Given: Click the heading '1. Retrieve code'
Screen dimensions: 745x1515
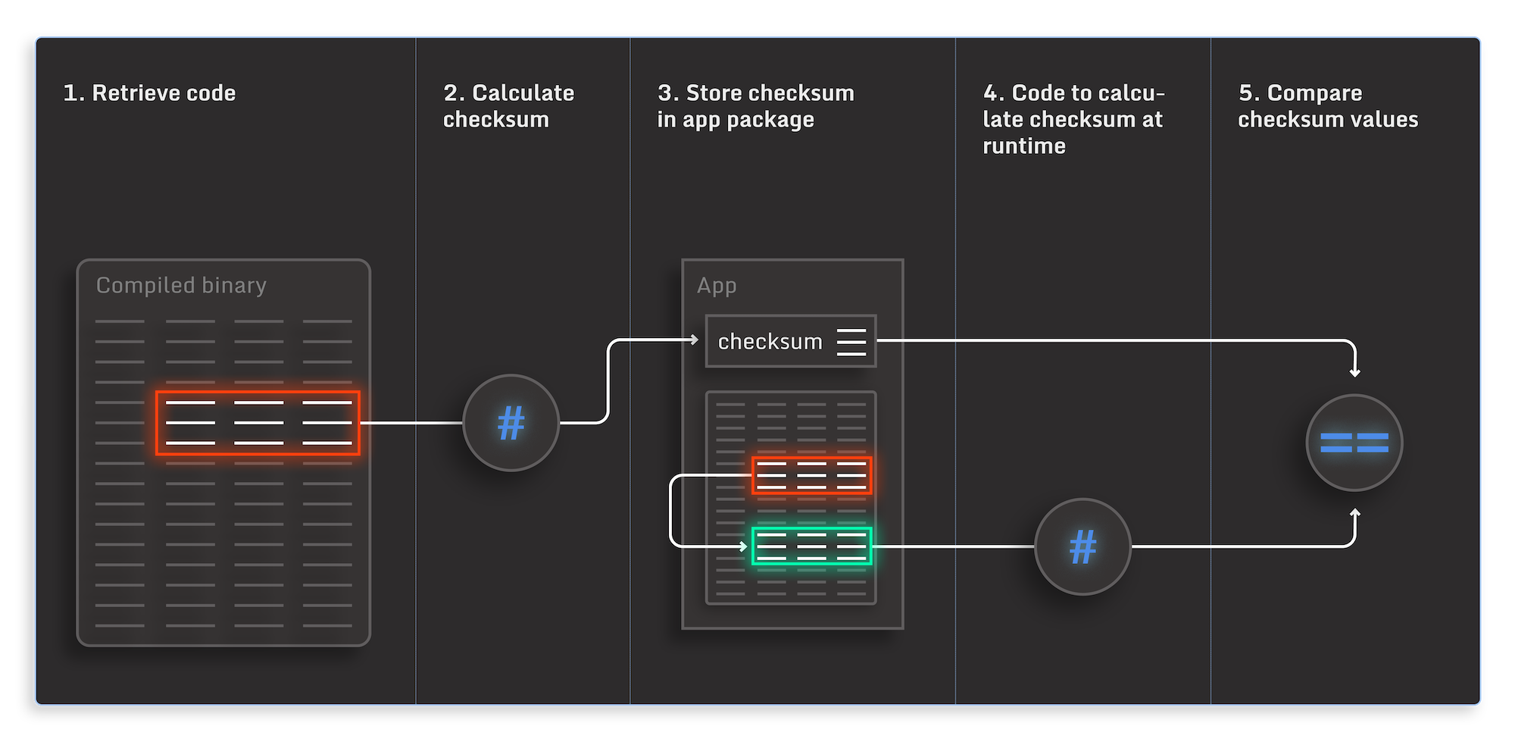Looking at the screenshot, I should (149, 93).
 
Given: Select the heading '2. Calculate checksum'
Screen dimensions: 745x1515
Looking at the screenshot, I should (508, 106).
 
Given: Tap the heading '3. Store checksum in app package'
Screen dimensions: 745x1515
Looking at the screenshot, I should (755, 106).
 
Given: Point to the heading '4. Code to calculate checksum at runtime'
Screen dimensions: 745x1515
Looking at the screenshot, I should (1073, 119).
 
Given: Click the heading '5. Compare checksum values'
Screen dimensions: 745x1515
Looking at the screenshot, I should (1327, 106).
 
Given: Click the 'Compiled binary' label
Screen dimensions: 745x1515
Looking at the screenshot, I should (181, 286).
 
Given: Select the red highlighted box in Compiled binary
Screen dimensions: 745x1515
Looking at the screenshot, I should (258, 423).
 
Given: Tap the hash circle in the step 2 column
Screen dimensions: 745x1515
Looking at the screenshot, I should (511, 423).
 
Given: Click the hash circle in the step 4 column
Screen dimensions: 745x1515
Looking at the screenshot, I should (1082, 546).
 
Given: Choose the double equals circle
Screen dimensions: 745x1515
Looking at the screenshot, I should (1354, 443).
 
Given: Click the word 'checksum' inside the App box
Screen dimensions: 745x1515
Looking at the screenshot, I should (770, 342).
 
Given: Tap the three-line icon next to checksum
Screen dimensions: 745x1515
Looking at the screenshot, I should (851, 342).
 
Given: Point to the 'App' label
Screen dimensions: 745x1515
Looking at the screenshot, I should (717, 286).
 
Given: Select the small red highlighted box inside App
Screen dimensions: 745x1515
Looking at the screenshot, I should (811, 475).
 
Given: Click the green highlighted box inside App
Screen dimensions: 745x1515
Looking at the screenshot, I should (811, 546).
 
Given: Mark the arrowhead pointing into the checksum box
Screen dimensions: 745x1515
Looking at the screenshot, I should (694, 340).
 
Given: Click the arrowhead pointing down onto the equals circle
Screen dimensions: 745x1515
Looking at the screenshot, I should (1354, 372).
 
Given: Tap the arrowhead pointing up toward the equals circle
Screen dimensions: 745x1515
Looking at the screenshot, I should (1354, 514).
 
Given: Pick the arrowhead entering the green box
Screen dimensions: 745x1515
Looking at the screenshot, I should (743, 546).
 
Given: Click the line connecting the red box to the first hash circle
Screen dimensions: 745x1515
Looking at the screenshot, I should (411, 423).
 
